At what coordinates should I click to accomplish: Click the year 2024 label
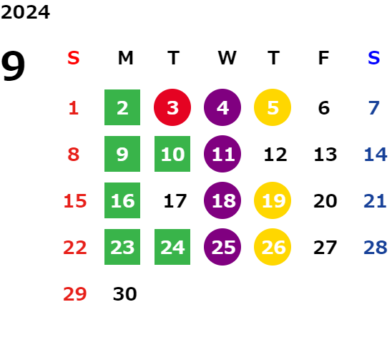click(25, 12)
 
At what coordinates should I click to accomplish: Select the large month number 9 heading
click(13, 66)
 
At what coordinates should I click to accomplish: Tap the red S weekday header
click(74, 58)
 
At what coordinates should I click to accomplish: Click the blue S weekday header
click(373, 58)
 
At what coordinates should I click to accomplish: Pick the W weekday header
click(227, 58)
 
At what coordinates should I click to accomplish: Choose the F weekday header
click(323, 58)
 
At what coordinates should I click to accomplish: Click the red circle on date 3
click(172, 107)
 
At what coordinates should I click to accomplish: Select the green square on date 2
click(122, 107)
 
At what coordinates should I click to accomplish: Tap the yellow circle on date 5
click(273, 107)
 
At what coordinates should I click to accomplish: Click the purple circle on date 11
click(222, 154)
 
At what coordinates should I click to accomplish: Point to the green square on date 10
click(172, 154)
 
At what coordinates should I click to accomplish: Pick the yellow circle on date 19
click(273, 200)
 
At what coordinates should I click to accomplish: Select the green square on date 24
click(172, 247)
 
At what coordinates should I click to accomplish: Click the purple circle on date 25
click(222, 247)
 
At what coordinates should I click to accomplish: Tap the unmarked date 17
click(175, 201)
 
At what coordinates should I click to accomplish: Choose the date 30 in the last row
click(124, 294)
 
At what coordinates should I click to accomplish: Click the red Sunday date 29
click(74, 294)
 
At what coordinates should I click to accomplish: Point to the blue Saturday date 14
click(376, 155)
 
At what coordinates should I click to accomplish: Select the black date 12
click(275, 155)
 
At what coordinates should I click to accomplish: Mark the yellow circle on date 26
click(273, 247)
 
